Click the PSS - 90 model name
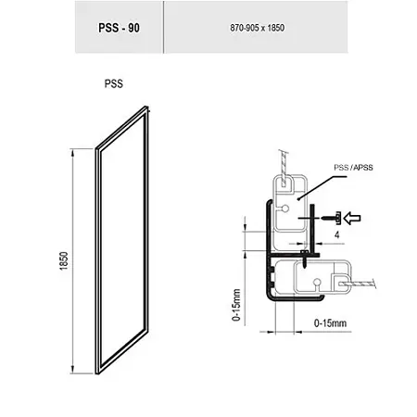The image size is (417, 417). click(x=119, y=28)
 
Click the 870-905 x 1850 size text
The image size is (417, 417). click(x=257, y=28)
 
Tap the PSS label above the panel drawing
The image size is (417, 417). click(x=114, y=83)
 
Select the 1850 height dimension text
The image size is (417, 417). click(x=64, y=261)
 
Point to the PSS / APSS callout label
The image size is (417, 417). click(x=353, y=168)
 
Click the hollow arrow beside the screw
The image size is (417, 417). click(x=352, y=218)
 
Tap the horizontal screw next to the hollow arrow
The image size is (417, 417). click(x=331, y=218)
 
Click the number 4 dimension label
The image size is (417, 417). click(x=337, y=235)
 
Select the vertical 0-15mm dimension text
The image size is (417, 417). click(x=236, y=305)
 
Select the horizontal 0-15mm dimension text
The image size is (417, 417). click(x=330, y=323)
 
